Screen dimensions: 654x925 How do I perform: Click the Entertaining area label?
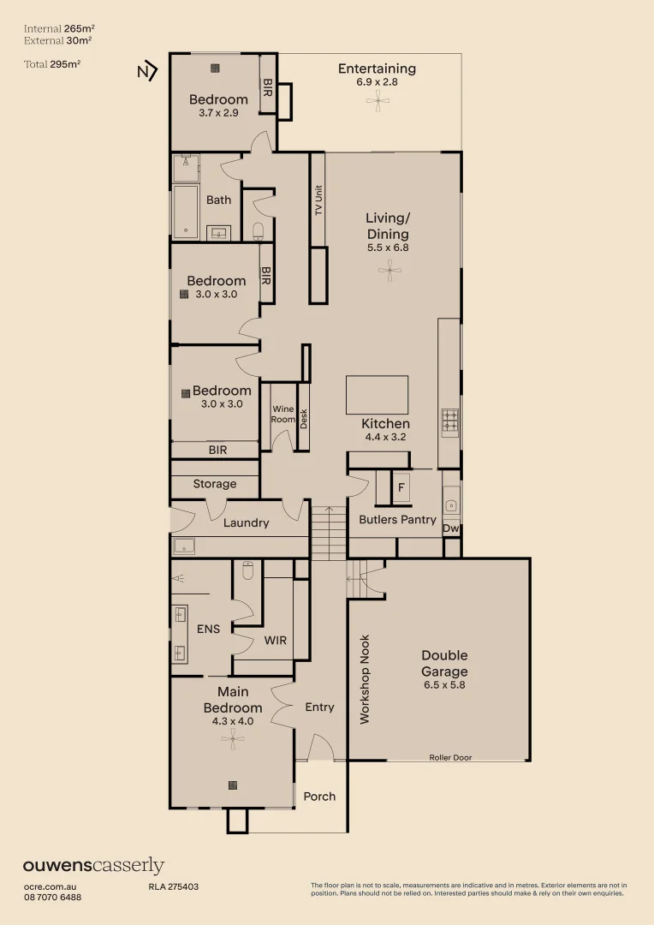(377, 69)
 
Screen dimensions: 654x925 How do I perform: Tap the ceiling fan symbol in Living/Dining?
(389, 271)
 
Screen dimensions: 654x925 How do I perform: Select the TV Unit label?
(318, 200)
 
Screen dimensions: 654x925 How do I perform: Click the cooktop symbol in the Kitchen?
(450, 422)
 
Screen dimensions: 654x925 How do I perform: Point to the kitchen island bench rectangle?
(377, 395)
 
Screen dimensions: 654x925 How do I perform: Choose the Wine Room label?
(283, 415)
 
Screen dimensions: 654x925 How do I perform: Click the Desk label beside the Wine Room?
(304, 419)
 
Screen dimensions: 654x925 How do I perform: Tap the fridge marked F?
(401, 487)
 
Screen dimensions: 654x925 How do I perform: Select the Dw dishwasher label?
(450, 528)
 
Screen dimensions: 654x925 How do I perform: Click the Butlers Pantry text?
(397, 520)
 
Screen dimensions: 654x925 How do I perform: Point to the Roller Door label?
(450, 757)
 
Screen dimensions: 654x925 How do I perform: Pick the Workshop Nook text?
(365, 679)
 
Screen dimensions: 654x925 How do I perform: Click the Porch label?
(319, 797)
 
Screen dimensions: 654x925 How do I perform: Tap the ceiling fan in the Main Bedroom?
(233, 738)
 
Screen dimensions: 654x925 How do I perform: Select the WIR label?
(276, 640)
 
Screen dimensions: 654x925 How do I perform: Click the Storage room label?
(215, 484)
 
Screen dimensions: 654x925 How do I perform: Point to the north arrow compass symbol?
(147, 71)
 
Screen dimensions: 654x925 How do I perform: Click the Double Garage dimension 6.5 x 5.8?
(444, 685)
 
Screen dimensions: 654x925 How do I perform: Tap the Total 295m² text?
(52, 64)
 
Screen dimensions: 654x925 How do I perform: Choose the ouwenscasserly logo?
(94, 865)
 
